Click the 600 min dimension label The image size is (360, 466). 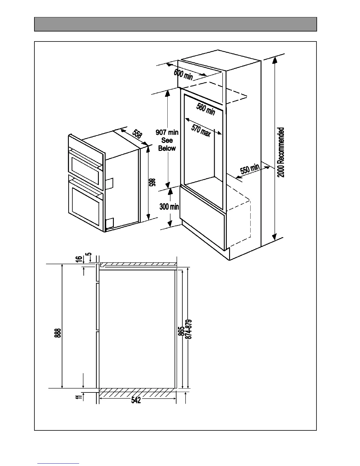tap(183, 75)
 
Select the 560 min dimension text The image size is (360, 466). tap(206, 109)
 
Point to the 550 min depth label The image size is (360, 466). tap(250, 170)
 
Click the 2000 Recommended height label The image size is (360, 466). tap(281, 152)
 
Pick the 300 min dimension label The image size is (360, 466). tap(169, 207)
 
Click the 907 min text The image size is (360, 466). tap(167, 133)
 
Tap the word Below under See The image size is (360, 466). tap(167, 148)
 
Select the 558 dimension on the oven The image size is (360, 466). tap(137, 134)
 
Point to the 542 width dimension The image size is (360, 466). tap(136, 400)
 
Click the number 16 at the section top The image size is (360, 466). tap(79, 259)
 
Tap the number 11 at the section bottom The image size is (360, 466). tap(78, 397)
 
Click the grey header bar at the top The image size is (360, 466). tap(175, 24)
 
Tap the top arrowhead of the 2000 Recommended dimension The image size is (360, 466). tap(275, 60)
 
